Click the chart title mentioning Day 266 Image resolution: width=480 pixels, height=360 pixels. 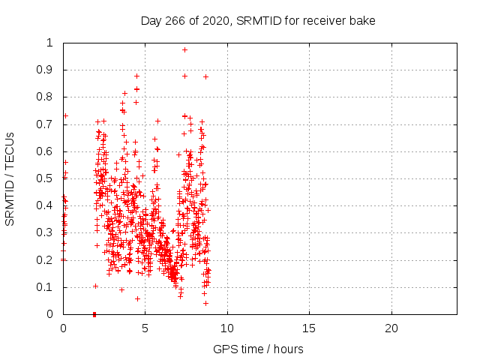tap(258, 20)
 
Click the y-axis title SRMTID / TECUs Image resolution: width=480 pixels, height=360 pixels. tap(10, 178)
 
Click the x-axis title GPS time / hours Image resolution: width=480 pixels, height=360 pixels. tap(258, 349)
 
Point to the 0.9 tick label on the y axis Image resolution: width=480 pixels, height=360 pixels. tap(49, 70)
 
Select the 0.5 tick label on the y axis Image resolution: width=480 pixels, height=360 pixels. tap(49, 178)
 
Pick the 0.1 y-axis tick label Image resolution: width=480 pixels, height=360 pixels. tap(49, 287)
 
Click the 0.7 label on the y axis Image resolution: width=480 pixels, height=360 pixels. tap(49, 124)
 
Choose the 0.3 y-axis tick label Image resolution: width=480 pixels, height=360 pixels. tap(49, 232)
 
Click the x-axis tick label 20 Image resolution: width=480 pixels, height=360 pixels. tap(391, 328)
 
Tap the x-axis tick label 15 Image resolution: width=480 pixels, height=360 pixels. tap(309, 328)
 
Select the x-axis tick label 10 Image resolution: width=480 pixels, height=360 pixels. tap(227, 328)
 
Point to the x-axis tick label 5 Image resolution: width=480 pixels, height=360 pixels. tap(145, 328)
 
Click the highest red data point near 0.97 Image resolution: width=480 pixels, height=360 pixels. tap(184, 49)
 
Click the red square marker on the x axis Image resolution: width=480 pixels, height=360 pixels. tap(94, 314)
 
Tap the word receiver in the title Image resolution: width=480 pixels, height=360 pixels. tap(325, 20)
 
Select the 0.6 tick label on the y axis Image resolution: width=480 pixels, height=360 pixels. tap(49, 151)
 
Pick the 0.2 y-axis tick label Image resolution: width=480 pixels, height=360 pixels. tap(49, 260)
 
